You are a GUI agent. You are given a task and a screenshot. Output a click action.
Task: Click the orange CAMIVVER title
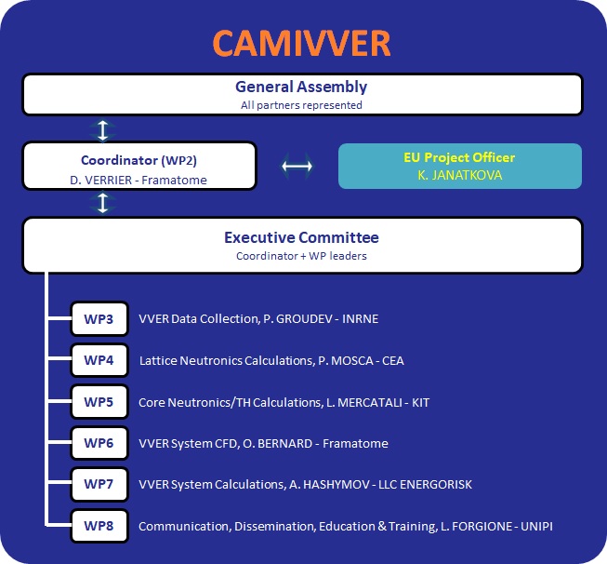click(301, 43)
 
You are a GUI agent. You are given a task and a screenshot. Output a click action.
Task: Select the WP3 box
click(99, 318)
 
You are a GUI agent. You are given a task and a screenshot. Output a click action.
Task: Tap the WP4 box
click(99, 360)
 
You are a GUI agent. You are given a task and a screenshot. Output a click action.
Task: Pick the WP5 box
click(99, 401)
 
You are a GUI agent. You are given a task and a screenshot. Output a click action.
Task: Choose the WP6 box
click(99, 443)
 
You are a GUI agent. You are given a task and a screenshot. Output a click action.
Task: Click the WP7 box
click(99, 484)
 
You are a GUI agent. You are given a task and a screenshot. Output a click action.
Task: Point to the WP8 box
click(99, 526)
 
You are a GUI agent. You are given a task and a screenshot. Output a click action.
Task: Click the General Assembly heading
click(301, 87)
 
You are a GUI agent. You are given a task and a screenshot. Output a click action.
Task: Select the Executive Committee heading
click(301, 237)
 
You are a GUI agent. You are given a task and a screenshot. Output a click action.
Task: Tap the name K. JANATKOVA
click(460, 175)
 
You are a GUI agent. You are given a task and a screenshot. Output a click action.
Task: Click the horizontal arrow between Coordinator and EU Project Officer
click(297, 167)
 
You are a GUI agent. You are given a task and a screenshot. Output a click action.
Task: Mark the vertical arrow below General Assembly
click(102, 130)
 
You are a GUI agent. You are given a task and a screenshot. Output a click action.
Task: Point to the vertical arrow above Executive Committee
click(102, 203)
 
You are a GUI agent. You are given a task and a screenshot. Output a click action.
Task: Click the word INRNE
click(360, 318)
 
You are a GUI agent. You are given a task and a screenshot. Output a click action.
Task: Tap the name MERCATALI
click(370, 402)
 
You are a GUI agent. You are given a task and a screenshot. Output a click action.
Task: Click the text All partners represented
click(301, 105)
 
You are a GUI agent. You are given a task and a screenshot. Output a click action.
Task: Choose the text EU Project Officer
click(459, 157)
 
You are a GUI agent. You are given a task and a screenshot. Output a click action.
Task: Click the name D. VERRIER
click(101, 180)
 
